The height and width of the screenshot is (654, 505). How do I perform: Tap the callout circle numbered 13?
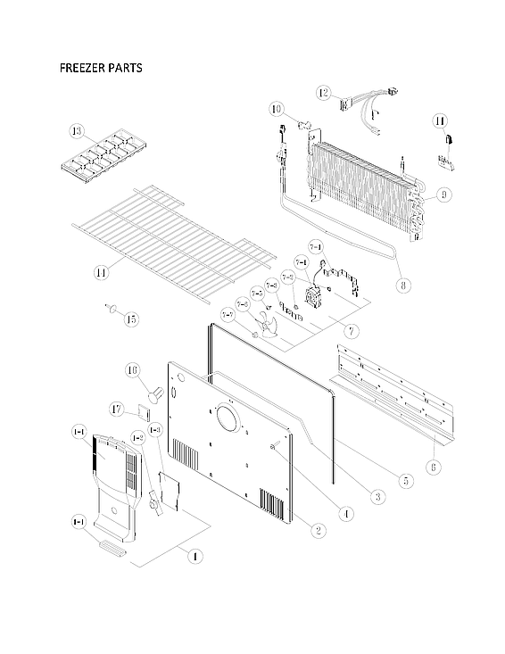[78, 133]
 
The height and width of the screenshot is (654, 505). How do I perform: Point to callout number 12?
[323, 92]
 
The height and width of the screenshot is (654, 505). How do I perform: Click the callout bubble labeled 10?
[277, 110]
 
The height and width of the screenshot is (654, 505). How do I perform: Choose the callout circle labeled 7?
[352, 331]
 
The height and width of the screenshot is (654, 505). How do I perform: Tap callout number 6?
[433, 465]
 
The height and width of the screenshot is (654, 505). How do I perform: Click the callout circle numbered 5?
[405, 480]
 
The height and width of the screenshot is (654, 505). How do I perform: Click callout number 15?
[131, 319]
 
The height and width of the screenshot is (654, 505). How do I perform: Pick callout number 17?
[117, 410]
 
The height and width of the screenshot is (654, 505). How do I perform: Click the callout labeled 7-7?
[228, 314]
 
